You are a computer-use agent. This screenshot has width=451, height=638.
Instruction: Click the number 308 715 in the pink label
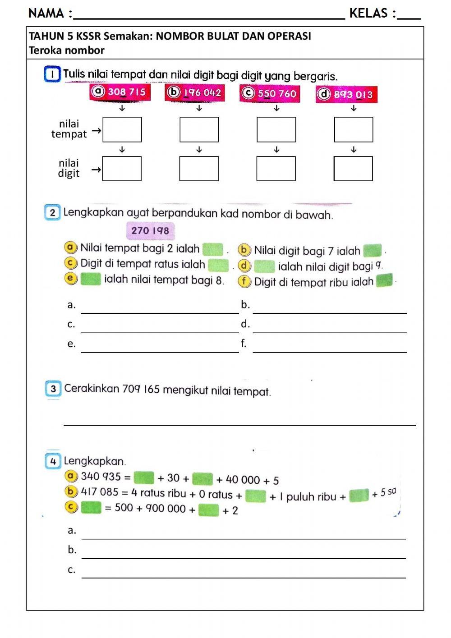pos(127,92)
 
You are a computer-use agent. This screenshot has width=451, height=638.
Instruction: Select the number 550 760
pos(277,93)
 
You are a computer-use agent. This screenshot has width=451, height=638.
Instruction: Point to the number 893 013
pos(353,95)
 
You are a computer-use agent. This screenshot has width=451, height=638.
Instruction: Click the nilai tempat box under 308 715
pos(122,129)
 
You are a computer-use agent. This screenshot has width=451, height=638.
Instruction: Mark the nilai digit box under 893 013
pos(353,169)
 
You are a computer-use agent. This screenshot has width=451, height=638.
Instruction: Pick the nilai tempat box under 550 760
pos(276,129)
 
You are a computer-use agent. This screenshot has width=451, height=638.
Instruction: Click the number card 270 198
pos(150,230)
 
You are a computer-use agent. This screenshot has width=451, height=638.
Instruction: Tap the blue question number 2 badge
pos(53,213)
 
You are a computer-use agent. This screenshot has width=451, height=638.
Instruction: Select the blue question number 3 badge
pos(53,389)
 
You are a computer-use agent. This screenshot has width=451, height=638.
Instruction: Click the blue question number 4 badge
pos(53,461)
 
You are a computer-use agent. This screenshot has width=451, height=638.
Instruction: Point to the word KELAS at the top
pos(369,14)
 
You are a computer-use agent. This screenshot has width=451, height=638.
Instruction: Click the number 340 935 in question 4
pos(101,477)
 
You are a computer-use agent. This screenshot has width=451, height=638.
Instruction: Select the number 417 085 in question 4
pos(100,492)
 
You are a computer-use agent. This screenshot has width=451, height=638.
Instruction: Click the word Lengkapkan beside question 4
pos(94,461)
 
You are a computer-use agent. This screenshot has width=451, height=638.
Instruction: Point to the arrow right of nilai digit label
pos(96,170)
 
